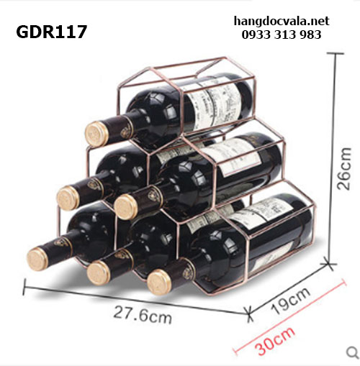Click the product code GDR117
[x=51, y=32]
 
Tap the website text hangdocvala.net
[x=282, y=21]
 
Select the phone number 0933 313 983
[x=282, y=35]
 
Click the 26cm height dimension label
[x=344, y=169]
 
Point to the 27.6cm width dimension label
[x=143, y=315]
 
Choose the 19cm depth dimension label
[x=290, y=301]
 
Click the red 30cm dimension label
[x=274, y=341]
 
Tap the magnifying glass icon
[x=353, y=352]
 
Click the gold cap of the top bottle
[x=96, y=134]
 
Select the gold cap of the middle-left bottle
[x=68, y=198]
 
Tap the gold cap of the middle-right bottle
[x=125, y=207]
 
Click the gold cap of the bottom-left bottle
[x=38, y=260]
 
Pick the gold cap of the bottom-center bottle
[x=99, y=273]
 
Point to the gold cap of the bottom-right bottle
[x=159, y=282]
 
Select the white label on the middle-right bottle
[x=233, y=157]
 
